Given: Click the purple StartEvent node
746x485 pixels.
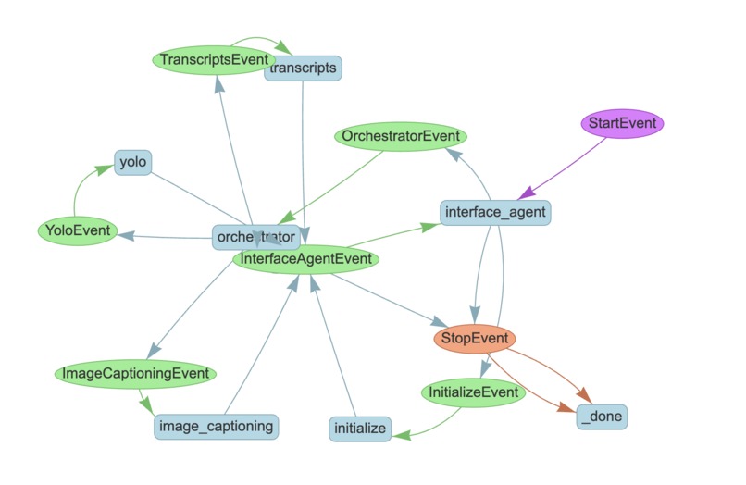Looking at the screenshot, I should pyautogui.click(x=622, y=122).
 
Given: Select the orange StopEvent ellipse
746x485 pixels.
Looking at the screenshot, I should pyautogui.click(x=474, y=340).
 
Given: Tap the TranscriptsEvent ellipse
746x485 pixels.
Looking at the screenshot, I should pyautogui.click(x=214, y=60).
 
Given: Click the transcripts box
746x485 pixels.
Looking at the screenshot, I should pyautogui.click(x=303, y=68).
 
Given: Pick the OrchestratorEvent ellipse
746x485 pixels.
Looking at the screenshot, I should pyautogui.click(x=401, y=137).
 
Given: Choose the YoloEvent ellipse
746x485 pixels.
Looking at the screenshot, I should pyautogui.click(x=78, y=230).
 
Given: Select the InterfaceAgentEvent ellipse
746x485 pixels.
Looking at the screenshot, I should pyautogui.click(x=305, y=260).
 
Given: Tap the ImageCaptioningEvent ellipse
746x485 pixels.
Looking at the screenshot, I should pyautogui.click(x=135, y=375).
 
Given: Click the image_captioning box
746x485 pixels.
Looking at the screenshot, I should pyautogui.click(x=217, y=426).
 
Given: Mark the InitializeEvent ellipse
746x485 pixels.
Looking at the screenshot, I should pyautogui.click(x=473, y=393).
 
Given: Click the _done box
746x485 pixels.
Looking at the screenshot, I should pyautogui.click(x=602, y=417).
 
